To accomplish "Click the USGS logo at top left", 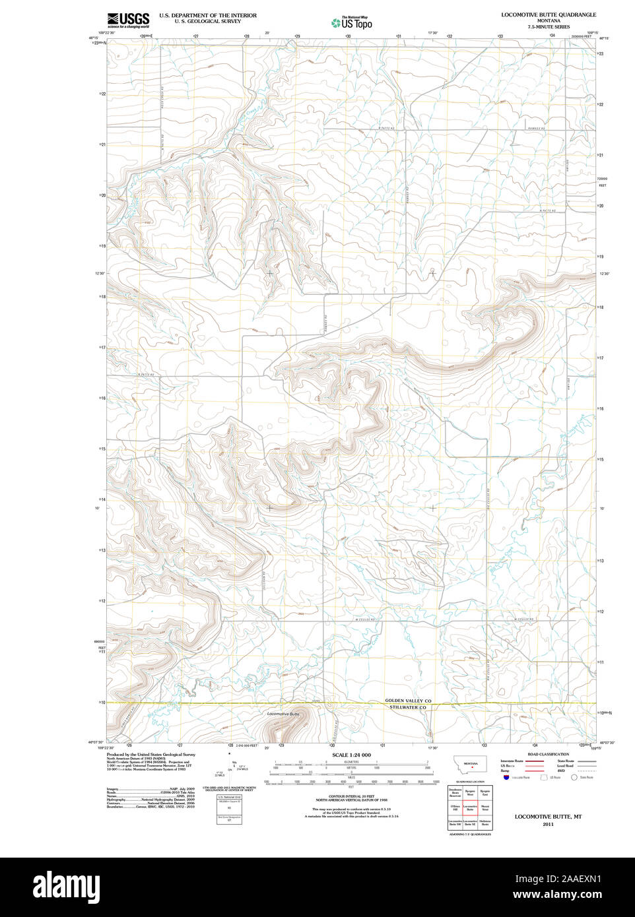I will (128, 20).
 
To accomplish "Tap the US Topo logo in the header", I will (352, 22).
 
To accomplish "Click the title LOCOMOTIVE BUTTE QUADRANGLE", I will (548, 15).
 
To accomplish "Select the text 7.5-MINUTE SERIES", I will (548, 26).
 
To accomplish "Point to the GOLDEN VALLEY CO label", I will (408, 701).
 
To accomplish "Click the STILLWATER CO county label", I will (408, 708).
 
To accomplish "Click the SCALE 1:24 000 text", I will (351, 755).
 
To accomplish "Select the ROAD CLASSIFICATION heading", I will (548, 754).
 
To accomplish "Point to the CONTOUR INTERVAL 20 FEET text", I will (351, 796).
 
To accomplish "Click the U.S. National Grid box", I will (229, 809).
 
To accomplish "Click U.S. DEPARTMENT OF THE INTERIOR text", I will (208, 15).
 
